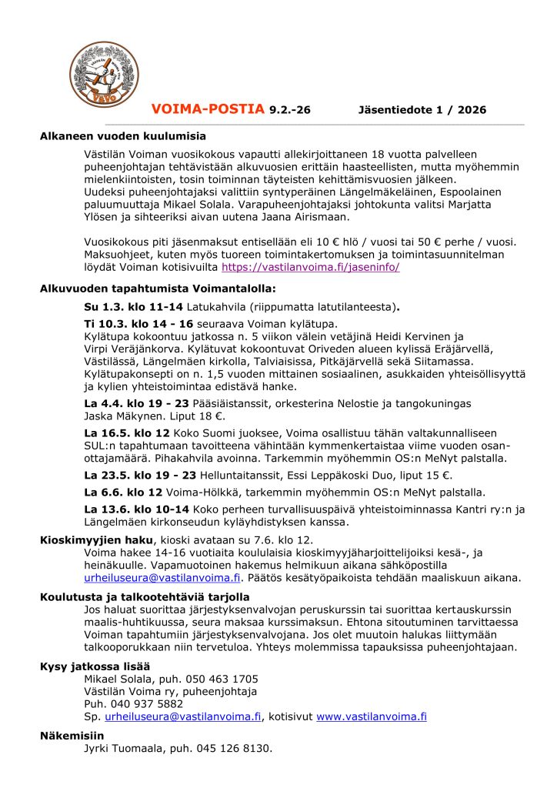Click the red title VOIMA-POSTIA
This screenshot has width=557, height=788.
pyautogui.click(x=208, y=109)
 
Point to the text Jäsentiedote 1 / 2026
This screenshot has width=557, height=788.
pyautogui.click(x=422, y=110)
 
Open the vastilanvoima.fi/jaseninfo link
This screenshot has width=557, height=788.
pyautogui.click(x=310, y=268)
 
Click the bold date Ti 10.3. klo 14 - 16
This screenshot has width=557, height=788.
pyautogui.click(x=138, y=324)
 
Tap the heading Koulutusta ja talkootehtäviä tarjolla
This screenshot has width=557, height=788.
pyautogui.click(x=145, y=596)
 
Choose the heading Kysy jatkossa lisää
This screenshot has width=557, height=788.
pyautogui.click(x=95, y=666)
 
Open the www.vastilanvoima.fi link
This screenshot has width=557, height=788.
pyautogui.click(x=372, y=716)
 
